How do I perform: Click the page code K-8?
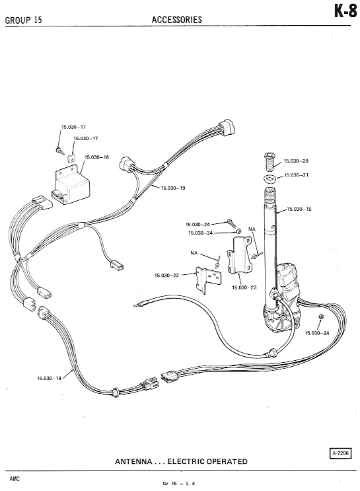tap(345, 12)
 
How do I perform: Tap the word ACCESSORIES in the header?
tap(177, 20)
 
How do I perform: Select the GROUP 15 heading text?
tap(24, 20)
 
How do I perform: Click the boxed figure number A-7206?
tap(341, 453)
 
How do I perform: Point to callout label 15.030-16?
tap(96, 157)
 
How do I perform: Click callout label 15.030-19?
tap(173, 188)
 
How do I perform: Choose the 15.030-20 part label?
tap(296, 161)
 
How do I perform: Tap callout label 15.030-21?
tap(296, 174)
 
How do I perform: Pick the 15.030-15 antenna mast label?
tap(299, 209)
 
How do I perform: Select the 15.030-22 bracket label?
tap(166, 276)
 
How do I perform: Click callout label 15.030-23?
tap(244, 287)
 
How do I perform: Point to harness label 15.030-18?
tap(50, 378)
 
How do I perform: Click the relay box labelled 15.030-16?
tap(71, 185)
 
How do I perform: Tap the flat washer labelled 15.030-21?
tap(270, 179)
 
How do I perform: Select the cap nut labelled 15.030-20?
tap(270, 162)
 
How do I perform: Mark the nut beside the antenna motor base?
tap(320, 317)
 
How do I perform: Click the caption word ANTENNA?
tap(133, 461)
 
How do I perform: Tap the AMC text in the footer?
tap(15, 479)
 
